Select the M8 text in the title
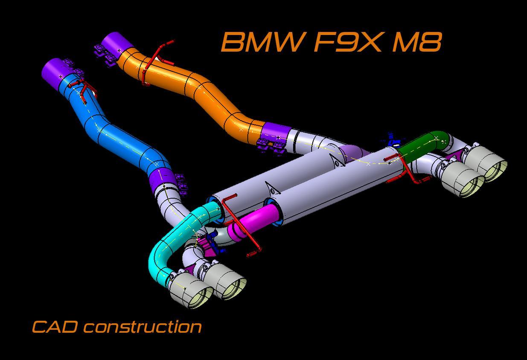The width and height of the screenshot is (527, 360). click(416, 42)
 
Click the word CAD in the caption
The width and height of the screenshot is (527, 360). click(55, 327)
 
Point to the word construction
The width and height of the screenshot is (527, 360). click(143, 327)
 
